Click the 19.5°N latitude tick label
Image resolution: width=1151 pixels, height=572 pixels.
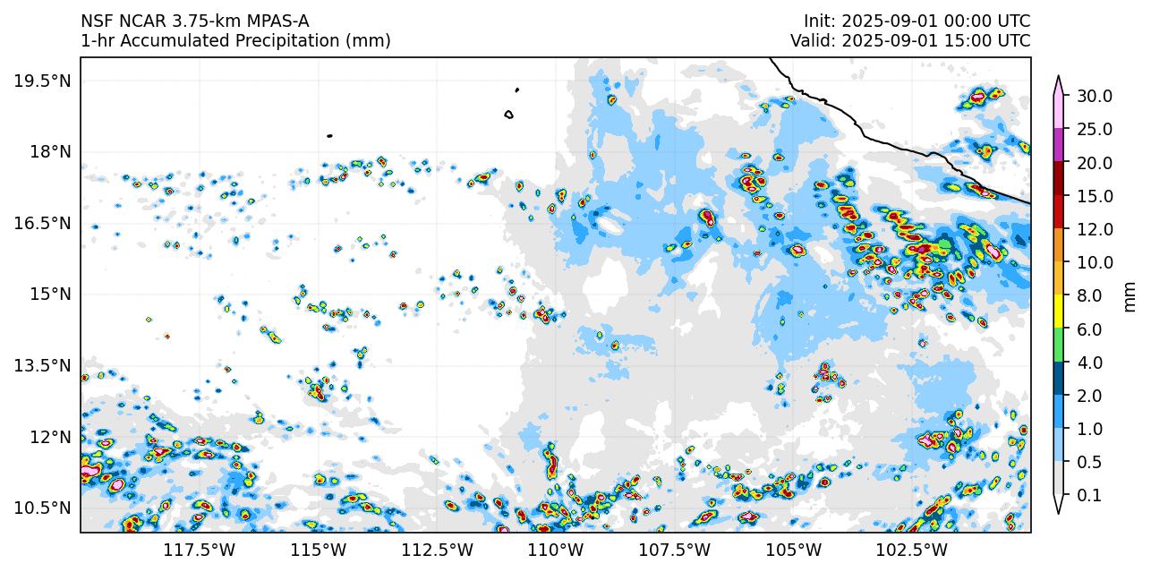[x=42, y=81]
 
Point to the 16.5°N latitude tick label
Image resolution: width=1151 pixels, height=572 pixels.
[x=42, y=223]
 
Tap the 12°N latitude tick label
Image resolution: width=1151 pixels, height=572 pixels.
[x=48, y=437]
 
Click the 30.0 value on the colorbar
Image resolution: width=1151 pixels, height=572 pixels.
[x=1095, y=96]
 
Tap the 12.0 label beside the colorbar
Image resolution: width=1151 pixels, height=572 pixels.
[x=1095, y=229]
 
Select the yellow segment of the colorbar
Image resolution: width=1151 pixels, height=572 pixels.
[x=1058, y=312]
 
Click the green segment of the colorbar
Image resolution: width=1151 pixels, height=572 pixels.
[x=1058, y=346]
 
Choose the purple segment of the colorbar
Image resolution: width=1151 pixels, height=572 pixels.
[x=1058, y=145]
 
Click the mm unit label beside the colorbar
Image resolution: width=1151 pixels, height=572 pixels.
[x=1130, y=295]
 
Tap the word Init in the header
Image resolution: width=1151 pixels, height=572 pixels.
[x=819, y=21]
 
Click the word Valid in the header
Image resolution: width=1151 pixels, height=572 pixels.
[x=812, y=41]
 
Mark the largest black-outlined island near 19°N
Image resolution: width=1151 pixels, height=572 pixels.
[x=508, y=115]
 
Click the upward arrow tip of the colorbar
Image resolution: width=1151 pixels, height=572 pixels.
[x=1058, y=78]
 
